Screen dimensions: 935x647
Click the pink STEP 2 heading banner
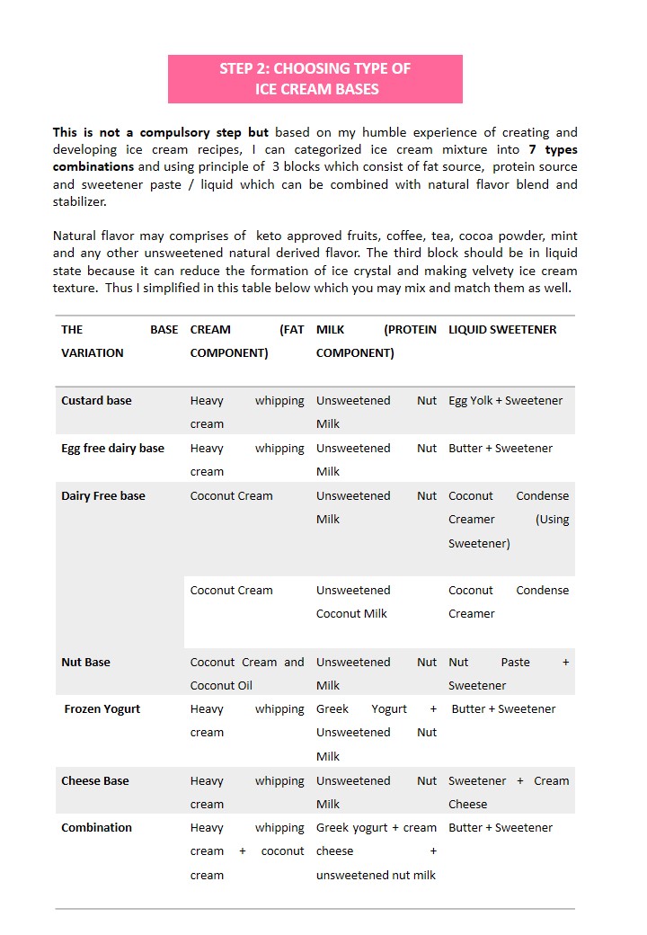(315, 78)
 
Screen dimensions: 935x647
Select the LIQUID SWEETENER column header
(502, 330)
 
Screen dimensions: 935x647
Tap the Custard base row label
(96, 401)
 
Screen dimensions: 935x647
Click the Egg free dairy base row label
(112, 449)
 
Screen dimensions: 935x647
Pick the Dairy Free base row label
(102, 496)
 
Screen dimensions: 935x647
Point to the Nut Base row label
(85, 663)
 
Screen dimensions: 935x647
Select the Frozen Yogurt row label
(102, 709)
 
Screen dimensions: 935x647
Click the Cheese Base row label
(94, 781)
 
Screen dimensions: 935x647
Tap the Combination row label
(96, 828)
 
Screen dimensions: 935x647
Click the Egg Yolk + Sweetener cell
(505, 401)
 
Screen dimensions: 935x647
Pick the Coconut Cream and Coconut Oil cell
(247, 673)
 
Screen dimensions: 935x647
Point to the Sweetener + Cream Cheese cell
(509, 792)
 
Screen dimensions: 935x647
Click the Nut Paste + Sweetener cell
(509, 673)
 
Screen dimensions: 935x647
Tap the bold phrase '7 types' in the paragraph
(553, 149)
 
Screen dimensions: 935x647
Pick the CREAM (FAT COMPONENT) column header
(247, 341)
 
